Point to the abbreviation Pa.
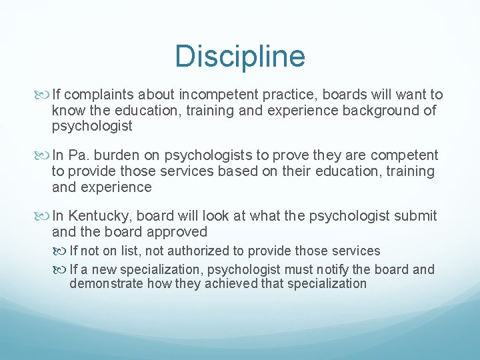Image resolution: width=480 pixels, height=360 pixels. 78,156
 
